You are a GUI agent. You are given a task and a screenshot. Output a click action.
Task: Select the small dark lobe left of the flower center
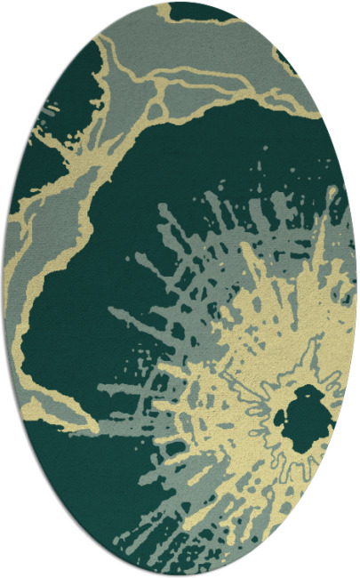click(x=283, y=415)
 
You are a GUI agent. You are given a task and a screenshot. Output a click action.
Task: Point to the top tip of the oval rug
click(x=180, y=3)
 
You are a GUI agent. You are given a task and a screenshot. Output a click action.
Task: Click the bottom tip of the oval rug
click(x=180, y=575)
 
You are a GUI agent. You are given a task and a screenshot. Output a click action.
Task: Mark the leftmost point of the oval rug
click(x=4, y=289)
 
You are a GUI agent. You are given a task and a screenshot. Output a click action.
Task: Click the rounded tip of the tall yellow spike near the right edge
click(x=331, y=191)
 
